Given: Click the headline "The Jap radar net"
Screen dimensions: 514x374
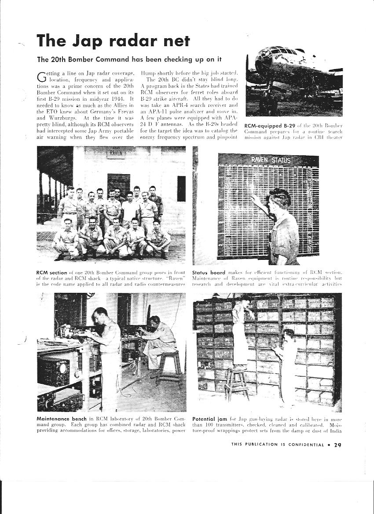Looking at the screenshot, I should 114,41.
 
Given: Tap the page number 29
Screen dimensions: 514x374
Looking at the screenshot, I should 337,445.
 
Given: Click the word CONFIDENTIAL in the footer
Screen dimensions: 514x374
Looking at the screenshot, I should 306,445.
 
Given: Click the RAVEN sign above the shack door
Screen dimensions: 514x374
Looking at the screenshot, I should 116,153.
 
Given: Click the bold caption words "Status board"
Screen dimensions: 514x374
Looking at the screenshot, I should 209,273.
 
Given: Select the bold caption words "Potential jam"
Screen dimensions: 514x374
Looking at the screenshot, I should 209,419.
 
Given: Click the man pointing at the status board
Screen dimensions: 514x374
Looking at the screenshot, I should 282,224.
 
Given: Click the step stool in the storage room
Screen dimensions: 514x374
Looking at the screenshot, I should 237,383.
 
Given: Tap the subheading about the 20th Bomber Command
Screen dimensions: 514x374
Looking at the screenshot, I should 129,59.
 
